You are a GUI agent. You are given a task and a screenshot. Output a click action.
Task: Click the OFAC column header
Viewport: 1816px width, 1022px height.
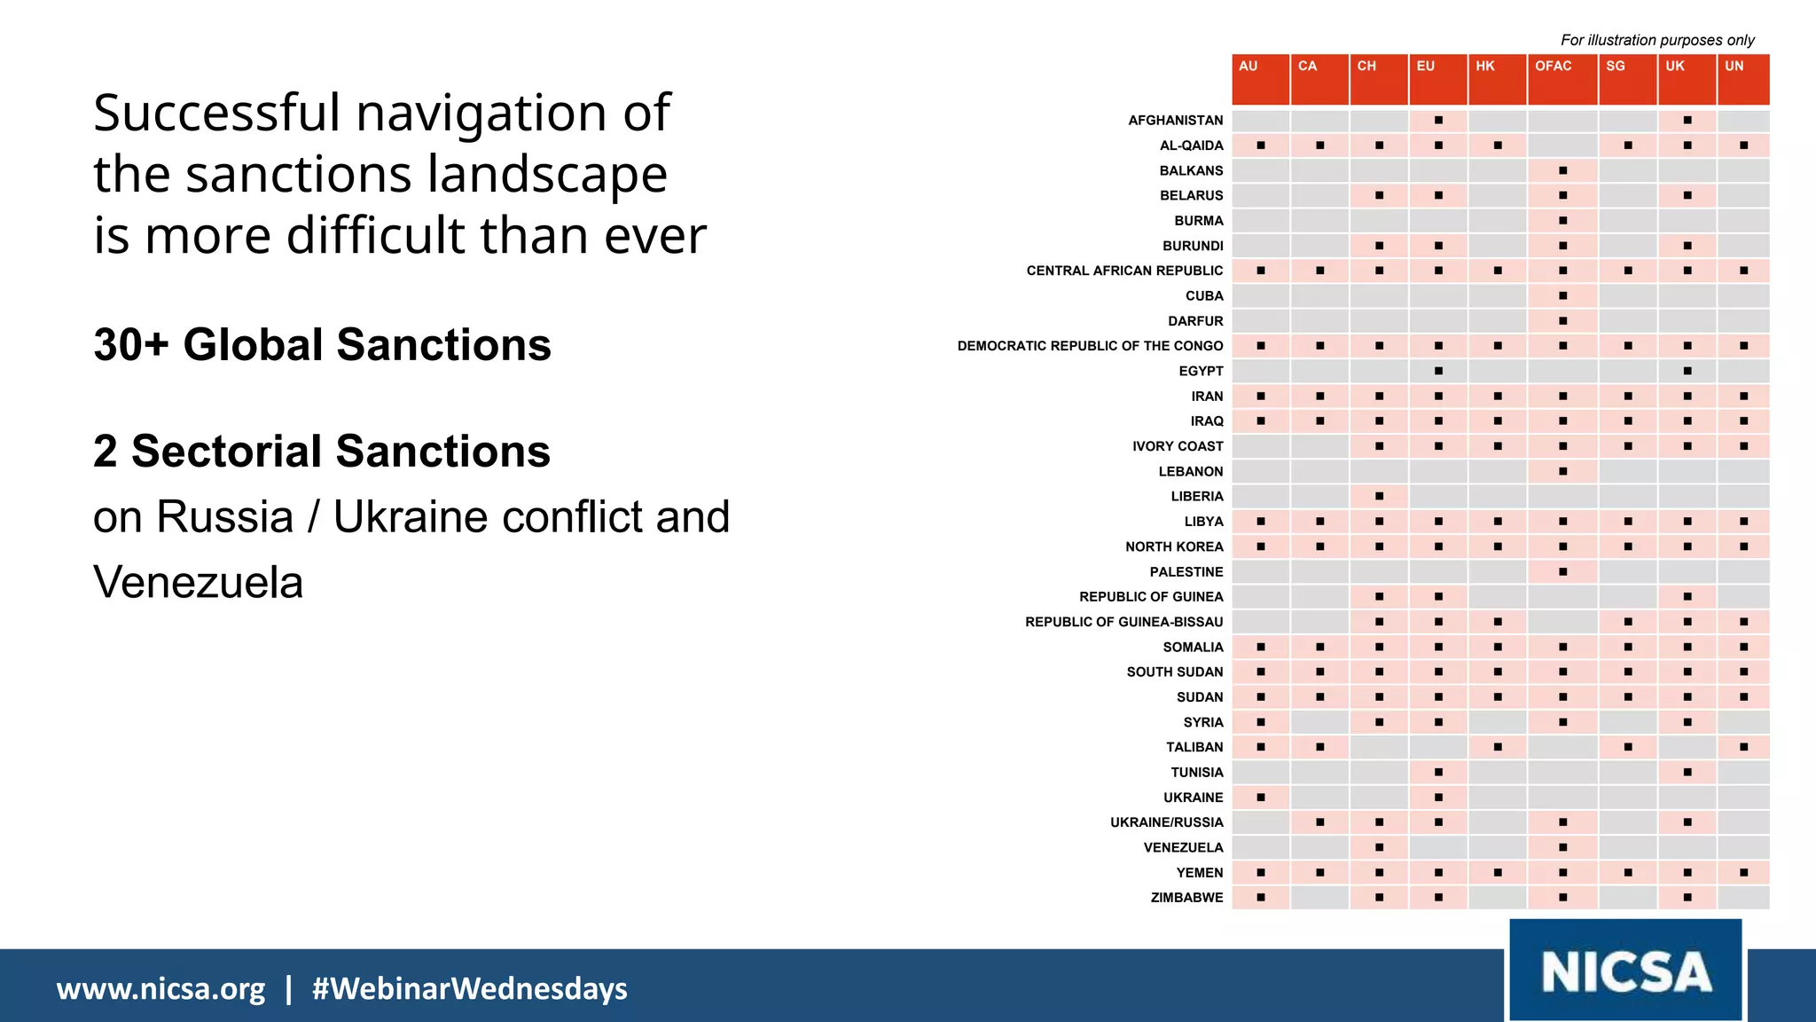pos(1562,78)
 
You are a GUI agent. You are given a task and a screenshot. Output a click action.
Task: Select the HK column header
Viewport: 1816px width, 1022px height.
pos(1497,78)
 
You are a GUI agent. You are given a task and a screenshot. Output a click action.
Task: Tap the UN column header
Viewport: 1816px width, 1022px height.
pos(1743,78)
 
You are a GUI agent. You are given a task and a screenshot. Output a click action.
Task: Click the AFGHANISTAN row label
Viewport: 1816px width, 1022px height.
pos(1175,120)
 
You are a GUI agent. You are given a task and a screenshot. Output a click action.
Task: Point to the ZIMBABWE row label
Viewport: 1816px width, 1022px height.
pos(1186,898)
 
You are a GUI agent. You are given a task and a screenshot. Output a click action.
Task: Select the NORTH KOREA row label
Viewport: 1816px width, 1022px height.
pos(1174,546)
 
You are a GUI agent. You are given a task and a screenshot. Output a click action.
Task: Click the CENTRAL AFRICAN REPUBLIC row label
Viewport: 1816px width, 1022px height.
pos(1124,271)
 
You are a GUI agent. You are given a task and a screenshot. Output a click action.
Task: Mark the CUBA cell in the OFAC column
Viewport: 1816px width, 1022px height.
pos(1562,295)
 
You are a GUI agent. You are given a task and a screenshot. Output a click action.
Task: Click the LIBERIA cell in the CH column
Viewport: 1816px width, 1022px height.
pos(1379,496)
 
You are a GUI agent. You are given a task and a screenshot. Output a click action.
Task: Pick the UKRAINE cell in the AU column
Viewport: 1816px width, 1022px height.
pos(1261,798)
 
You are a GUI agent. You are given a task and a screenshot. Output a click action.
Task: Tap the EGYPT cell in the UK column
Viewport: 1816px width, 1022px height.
pos(1687,371)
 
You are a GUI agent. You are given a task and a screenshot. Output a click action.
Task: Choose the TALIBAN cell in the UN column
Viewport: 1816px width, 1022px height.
pos(1743,747)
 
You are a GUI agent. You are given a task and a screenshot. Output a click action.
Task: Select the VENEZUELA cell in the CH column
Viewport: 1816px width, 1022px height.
pos(1379,847)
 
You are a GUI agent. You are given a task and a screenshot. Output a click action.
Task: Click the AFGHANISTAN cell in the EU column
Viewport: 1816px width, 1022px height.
pos(1438,120)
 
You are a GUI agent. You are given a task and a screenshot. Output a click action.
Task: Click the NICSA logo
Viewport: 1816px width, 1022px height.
pos(1625,971)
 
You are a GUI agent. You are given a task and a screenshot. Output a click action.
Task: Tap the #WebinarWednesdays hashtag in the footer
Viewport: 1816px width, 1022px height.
pos(469,988)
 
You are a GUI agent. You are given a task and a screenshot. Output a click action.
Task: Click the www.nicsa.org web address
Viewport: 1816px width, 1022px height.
pos(160,988)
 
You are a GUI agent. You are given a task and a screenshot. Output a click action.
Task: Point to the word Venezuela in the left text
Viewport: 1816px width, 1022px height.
pos(198,583)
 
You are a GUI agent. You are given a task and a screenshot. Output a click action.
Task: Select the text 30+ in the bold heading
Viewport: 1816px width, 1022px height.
pos(130,345)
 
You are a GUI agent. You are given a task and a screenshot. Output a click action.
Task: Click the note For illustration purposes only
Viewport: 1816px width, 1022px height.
pos(1656,40)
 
